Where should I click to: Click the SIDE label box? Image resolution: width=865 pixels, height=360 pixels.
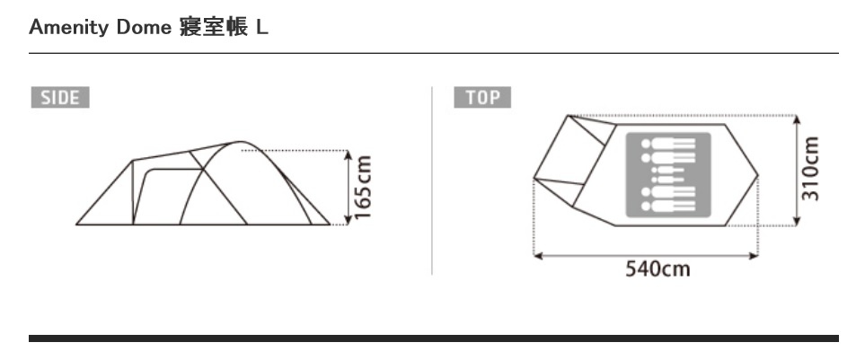[60, 98]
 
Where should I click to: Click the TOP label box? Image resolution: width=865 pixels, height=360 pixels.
[482, 98]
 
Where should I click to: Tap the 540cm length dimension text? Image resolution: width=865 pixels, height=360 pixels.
[658, 268]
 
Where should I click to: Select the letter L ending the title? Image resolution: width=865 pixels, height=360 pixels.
[261, 28]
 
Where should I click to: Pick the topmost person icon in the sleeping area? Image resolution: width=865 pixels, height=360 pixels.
[668, 144]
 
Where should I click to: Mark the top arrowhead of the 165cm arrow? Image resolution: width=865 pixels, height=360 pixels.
[348, 154]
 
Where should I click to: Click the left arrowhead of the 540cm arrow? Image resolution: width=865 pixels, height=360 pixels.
[538, 256]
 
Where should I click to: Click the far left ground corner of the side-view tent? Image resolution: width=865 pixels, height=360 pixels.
[77, 224]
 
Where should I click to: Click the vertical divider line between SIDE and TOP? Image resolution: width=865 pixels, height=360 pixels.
[432, 180]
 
